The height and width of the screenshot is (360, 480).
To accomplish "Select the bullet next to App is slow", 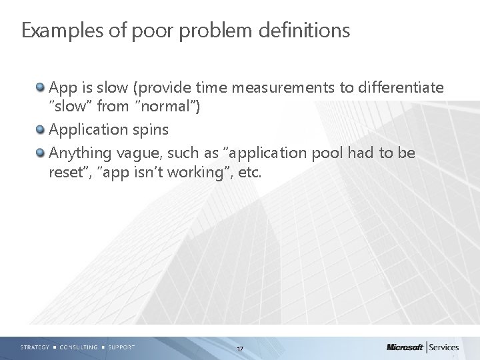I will coord(41,87).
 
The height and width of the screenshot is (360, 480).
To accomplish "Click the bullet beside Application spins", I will coord(41,129).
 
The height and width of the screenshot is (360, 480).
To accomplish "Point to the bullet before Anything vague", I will coord(41,153).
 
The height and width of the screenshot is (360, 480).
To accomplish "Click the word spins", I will coord(149,129).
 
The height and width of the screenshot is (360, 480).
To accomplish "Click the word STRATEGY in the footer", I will coord(34,347).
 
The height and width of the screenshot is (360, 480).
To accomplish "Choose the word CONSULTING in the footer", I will coord(78,347).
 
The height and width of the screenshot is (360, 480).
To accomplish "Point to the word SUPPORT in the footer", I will coord(121,347).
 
